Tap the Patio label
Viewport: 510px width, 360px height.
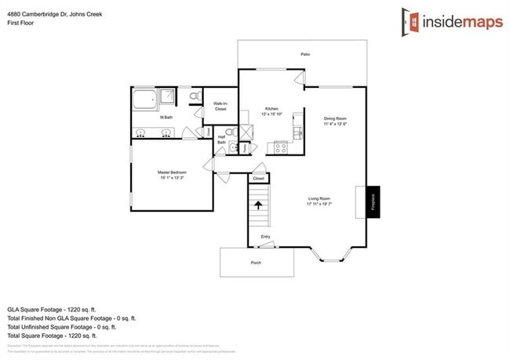(x=304, y=54)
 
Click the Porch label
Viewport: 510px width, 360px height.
(x=255, y=262)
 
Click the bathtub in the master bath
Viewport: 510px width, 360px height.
(x=144, y=99)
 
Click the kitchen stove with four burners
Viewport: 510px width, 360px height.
(x=279, y=147)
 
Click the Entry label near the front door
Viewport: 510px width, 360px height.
(x=265, y=236)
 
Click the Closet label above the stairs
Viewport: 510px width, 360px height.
(x=259, y=178)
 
